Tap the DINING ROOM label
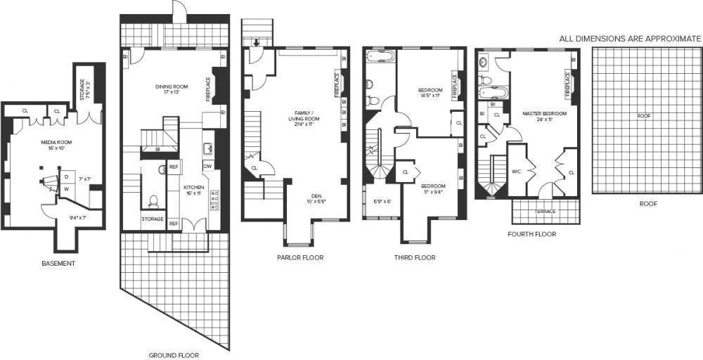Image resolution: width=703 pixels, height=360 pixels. [x=169, y=87]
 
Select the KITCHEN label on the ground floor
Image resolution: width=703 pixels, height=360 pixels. [x=194, y=188]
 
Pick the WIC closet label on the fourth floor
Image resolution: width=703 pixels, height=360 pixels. [x=516, y=171]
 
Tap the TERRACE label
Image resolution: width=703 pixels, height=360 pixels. [x=545, y=211]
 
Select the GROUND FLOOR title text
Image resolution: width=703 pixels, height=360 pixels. [x=174, y=355]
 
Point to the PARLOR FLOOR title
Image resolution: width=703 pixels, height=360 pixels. [x=299, y=257]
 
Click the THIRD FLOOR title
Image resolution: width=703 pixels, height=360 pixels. [x=414, y=257]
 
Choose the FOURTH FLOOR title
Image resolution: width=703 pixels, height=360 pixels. [x=532, y=234]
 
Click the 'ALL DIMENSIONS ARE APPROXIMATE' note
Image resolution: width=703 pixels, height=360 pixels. [x=630, y=39]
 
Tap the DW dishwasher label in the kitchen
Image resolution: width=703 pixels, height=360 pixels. [x=207, y=167]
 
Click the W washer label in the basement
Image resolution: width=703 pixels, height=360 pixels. [x=66, y=188]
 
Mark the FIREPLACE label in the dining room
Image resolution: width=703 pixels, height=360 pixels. [x=208, y=89]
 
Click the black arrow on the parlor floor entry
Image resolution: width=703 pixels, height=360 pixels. [x=257, y=43]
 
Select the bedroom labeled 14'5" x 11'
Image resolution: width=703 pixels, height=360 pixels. [x=430, y=94]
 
